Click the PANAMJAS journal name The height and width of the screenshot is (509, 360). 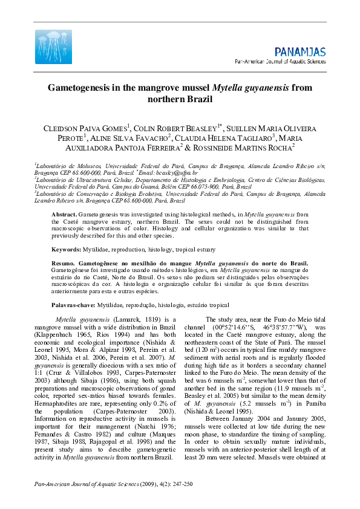(x=299, y=52)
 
